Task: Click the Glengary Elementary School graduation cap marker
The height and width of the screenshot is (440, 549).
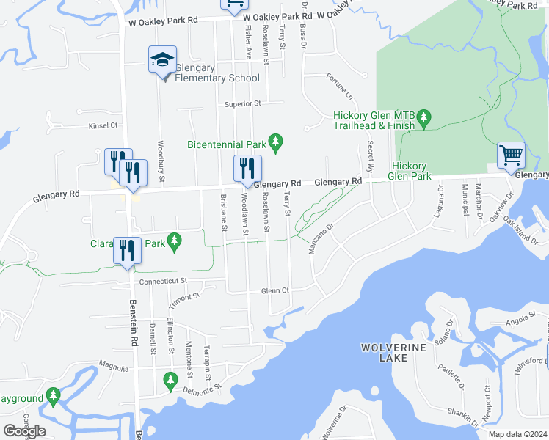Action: tap(163, 60)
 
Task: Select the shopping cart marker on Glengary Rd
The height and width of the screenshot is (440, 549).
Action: tap(511, 155)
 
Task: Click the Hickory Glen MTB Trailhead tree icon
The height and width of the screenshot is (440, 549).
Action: tap(423, 117)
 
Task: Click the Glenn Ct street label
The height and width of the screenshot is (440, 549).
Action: tap(276, 290)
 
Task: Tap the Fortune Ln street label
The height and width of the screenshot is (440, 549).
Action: tap(340, 87)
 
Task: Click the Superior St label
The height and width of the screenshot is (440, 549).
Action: tap(243, 104)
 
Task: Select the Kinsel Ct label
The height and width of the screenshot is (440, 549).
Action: tap(103, 126)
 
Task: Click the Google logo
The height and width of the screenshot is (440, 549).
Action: tap(24, 430)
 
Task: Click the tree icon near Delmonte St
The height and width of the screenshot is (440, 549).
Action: tap(170, 379)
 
